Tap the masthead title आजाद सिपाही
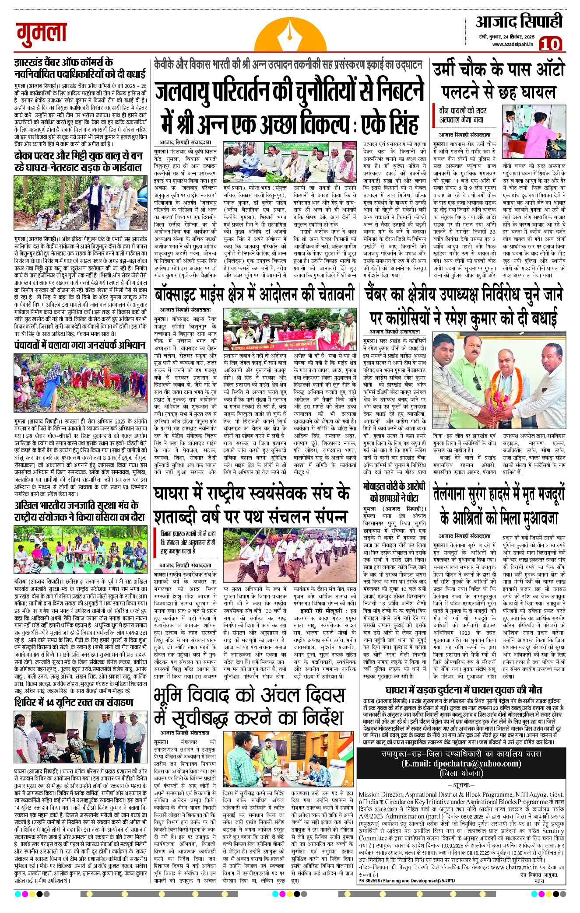[519, 21]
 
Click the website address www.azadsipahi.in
[512, 44]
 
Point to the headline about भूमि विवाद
[250, 707]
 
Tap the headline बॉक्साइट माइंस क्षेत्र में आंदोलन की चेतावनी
[254, 294]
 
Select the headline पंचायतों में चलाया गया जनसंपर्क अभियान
[80, 345]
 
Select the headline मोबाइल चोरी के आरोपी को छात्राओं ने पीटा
[395, 492]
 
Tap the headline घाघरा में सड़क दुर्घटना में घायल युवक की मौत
[453, 690]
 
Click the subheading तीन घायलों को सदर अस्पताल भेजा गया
[463, 115]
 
